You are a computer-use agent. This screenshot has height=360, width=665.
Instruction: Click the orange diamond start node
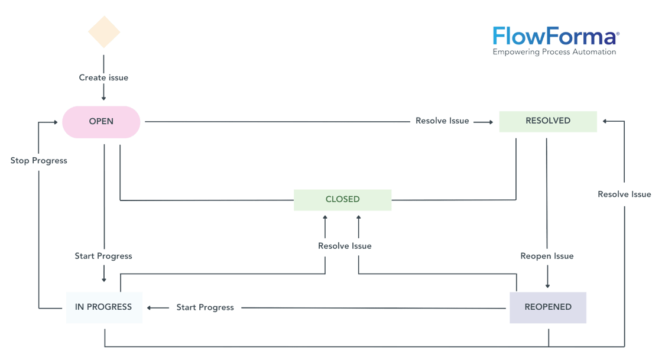coord(104,32)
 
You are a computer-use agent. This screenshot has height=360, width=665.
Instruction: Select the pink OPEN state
coord(101,122)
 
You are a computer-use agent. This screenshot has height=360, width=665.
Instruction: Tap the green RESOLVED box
coord(547,121)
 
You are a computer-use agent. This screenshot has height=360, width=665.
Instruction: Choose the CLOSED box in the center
coord(343,200)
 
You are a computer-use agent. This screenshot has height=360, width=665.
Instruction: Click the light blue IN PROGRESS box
coord(103,307)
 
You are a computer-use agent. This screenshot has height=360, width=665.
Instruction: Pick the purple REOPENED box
coord(548,307)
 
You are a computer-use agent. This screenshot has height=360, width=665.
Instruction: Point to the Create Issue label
coord(103,77)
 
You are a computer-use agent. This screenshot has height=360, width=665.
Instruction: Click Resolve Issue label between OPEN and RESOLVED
coord(442,121)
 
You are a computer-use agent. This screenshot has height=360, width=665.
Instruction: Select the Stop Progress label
coord(39,160)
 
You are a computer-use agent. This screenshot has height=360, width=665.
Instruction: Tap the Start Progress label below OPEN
coord(103,256)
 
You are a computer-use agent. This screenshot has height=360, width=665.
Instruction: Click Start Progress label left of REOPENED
coord(205,307)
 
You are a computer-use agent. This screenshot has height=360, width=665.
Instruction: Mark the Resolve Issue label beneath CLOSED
coord(345,246)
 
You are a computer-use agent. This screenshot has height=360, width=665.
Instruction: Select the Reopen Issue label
coord(547,257)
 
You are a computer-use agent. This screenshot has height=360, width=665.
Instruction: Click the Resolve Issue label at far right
coord(624,194)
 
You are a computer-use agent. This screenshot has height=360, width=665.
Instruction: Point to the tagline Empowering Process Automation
coord(554,53)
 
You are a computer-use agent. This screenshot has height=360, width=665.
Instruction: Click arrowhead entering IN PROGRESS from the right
coord(150,307)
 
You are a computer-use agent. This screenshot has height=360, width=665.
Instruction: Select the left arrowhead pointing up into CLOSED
coord(325,218)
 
